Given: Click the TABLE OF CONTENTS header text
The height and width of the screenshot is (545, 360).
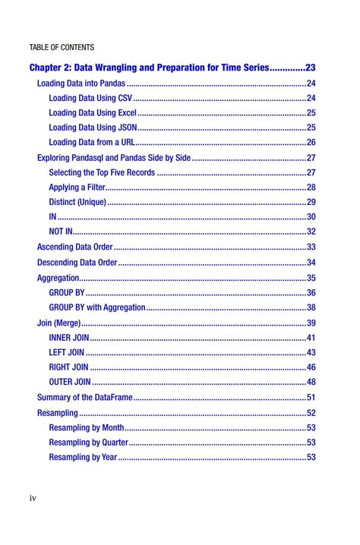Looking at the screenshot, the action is coord(62,48).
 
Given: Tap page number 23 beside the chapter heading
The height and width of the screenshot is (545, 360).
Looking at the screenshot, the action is coord(311,68).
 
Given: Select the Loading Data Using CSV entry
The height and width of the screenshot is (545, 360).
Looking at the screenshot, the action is coord(90,99).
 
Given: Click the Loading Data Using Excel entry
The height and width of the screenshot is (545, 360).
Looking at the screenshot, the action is coord(93,113).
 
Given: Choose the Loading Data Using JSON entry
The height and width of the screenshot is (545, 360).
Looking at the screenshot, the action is coord(93,128).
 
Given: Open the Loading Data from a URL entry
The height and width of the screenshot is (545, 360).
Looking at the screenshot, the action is coord(92,143).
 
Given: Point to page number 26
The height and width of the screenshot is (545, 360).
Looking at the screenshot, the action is coord(311,143).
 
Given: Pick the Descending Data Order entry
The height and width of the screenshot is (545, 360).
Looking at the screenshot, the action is coord(77,263).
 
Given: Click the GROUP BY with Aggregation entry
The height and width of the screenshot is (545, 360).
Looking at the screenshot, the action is coord(96,307).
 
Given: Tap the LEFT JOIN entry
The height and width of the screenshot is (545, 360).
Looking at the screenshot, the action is coord(67,352).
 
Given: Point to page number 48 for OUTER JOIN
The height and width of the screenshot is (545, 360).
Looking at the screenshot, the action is coord(311,382).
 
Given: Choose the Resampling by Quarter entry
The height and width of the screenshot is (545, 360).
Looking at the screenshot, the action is coord(88,442).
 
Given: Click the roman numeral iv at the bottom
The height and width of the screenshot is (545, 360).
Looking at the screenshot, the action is coord(33,498).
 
